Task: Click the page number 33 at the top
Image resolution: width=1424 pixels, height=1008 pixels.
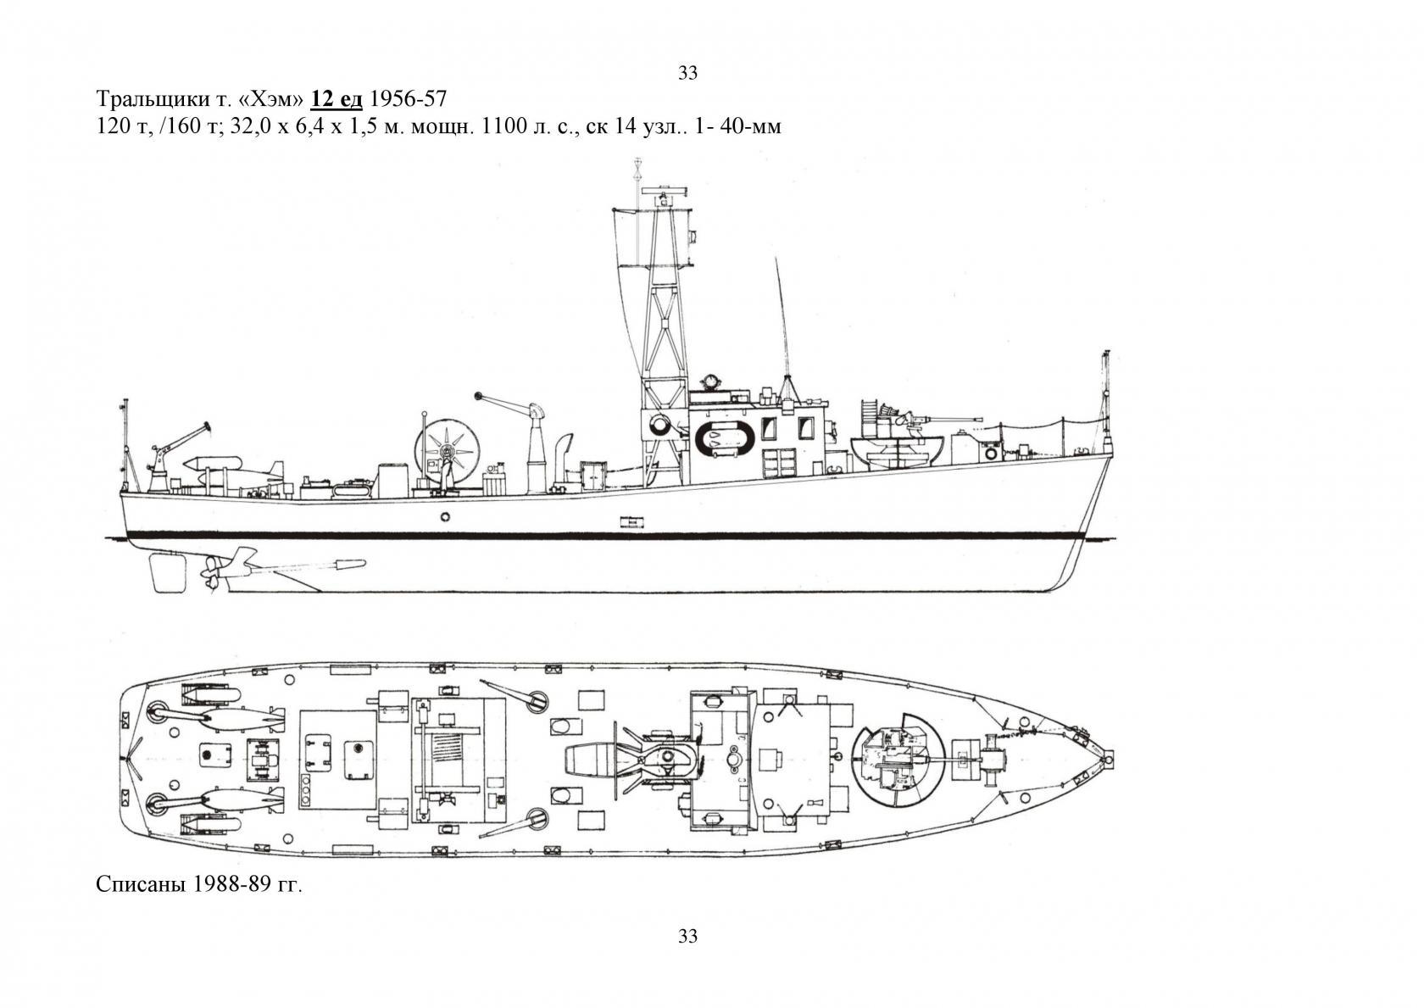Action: coord(688,73)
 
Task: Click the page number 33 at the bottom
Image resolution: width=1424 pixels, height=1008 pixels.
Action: coord(688,936)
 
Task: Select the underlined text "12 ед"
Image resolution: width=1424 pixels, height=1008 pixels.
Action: coord(337,99)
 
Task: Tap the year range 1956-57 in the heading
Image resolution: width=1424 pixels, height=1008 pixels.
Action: coord(409,98)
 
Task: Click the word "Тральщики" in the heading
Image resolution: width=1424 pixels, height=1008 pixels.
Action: coord(147,100)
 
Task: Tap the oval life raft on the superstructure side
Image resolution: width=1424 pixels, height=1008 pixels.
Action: coord(726,438)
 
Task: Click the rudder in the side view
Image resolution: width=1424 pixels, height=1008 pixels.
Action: coord(169,573)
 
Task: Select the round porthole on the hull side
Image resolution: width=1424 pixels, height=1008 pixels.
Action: coord(445,516)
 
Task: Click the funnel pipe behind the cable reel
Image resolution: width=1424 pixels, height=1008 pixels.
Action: coord(562,459)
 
